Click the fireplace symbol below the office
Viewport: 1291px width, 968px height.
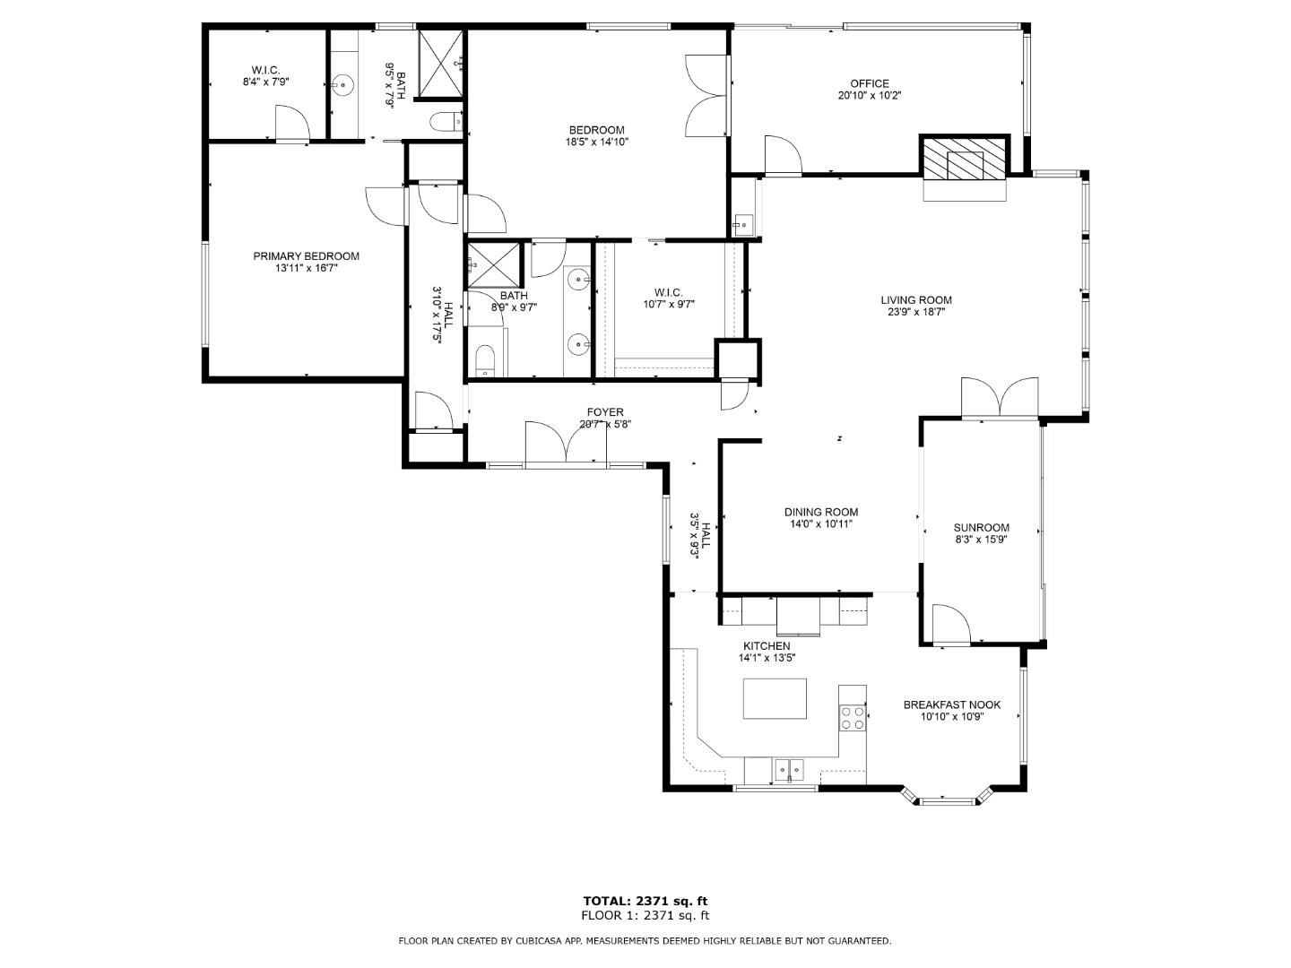(x=966, y=163)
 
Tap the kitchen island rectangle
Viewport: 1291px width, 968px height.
(x=775, y=698)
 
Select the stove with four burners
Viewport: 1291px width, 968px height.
(x=852, y=717)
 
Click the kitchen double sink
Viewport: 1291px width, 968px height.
(x=789, y=768)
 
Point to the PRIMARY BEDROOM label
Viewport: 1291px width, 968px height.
(x=306, y=256)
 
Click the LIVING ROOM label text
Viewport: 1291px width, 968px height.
(x=915, y=300)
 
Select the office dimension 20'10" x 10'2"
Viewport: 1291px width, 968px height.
(x=869, y=95)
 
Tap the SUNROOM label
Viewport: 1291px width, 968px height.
(x=981, y=528)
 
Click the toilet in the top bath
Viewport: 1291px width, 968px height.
(x=446, y=121)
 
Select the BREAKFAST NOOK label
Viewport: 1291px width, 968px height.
(x=951, y=704)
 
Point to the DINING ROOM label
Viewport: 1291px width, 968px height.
(x=821, y=513)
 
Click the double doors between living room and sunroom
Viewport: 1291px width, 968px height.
(x=1000, y=399)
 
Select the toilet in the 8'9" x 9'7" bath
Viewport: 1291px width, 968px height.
(x=484, y=360)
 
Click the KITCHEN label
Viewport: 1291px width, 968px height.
(x=767, y=646)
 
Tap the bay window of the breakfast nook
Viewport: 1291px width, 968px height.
(x=947, y=797)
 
